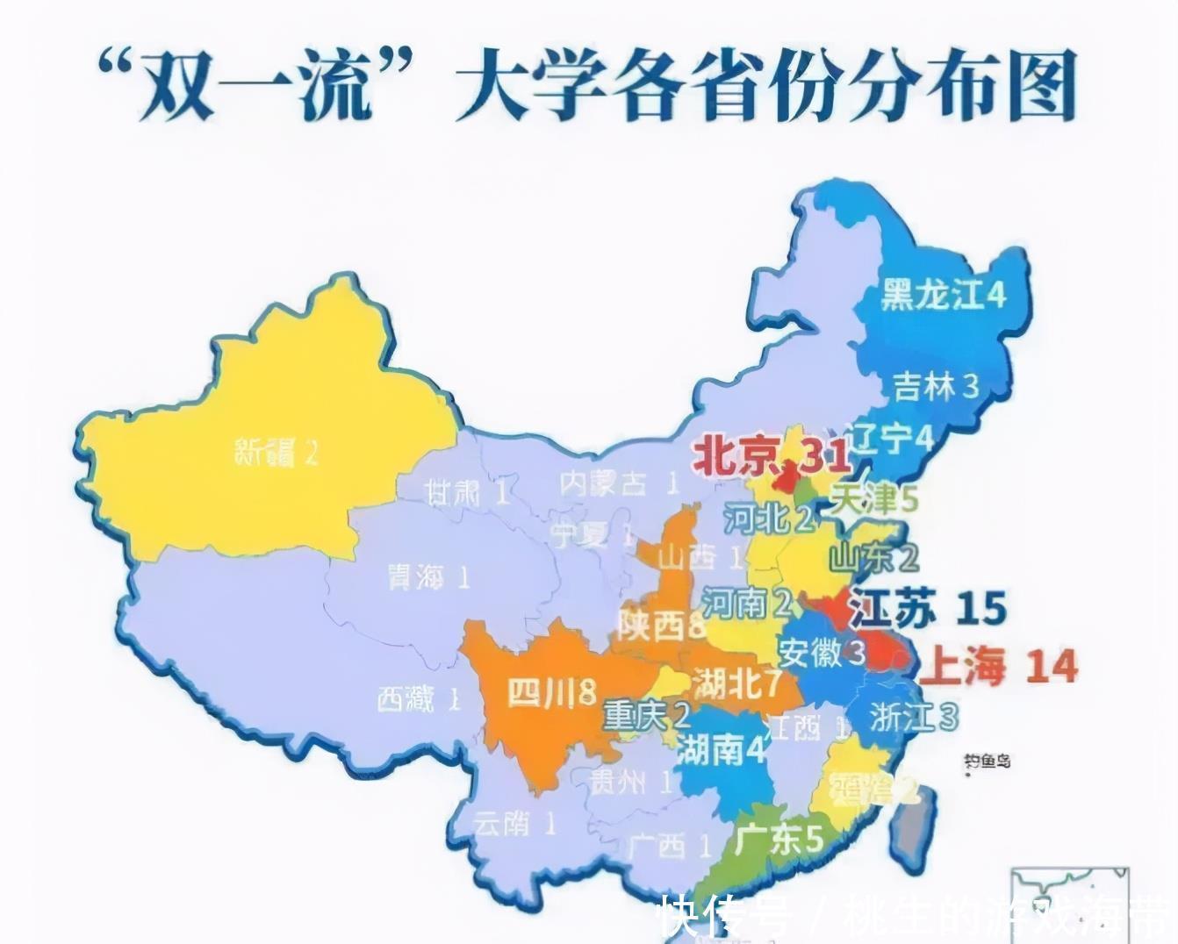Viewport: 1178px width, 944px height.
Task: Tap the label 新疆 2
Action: click(276, 452)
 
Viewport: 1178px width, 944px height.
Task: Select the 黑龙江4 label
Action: click(943, 296)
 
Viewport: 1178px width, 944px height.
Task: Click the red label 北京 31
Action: click(771, 456)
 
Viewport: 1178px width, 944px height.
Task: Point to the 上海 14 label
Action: click(997, 668)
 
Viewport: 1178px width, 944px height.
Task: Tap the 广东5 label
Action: click(778, 840)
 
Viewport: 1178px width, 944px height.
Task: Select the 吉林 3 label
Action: click(935, 386)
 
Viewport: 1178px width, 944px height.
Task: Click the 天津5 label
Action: click(873, 500)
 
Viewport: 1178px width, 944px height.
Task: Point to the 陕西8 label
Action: click(661, 626)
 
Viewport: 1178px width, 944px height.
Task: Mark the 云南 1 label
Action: click(514, 823)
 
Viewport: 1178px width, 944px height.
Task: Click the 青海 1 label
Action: click(428, 577)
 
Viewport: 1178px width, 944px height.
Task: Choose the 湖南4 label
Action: click(722, 750)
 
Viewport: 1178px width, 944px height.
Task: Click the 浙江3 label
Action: click(912, 717)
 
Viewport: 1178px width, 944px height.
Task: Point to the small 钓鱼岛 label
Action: click(986, 761)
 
